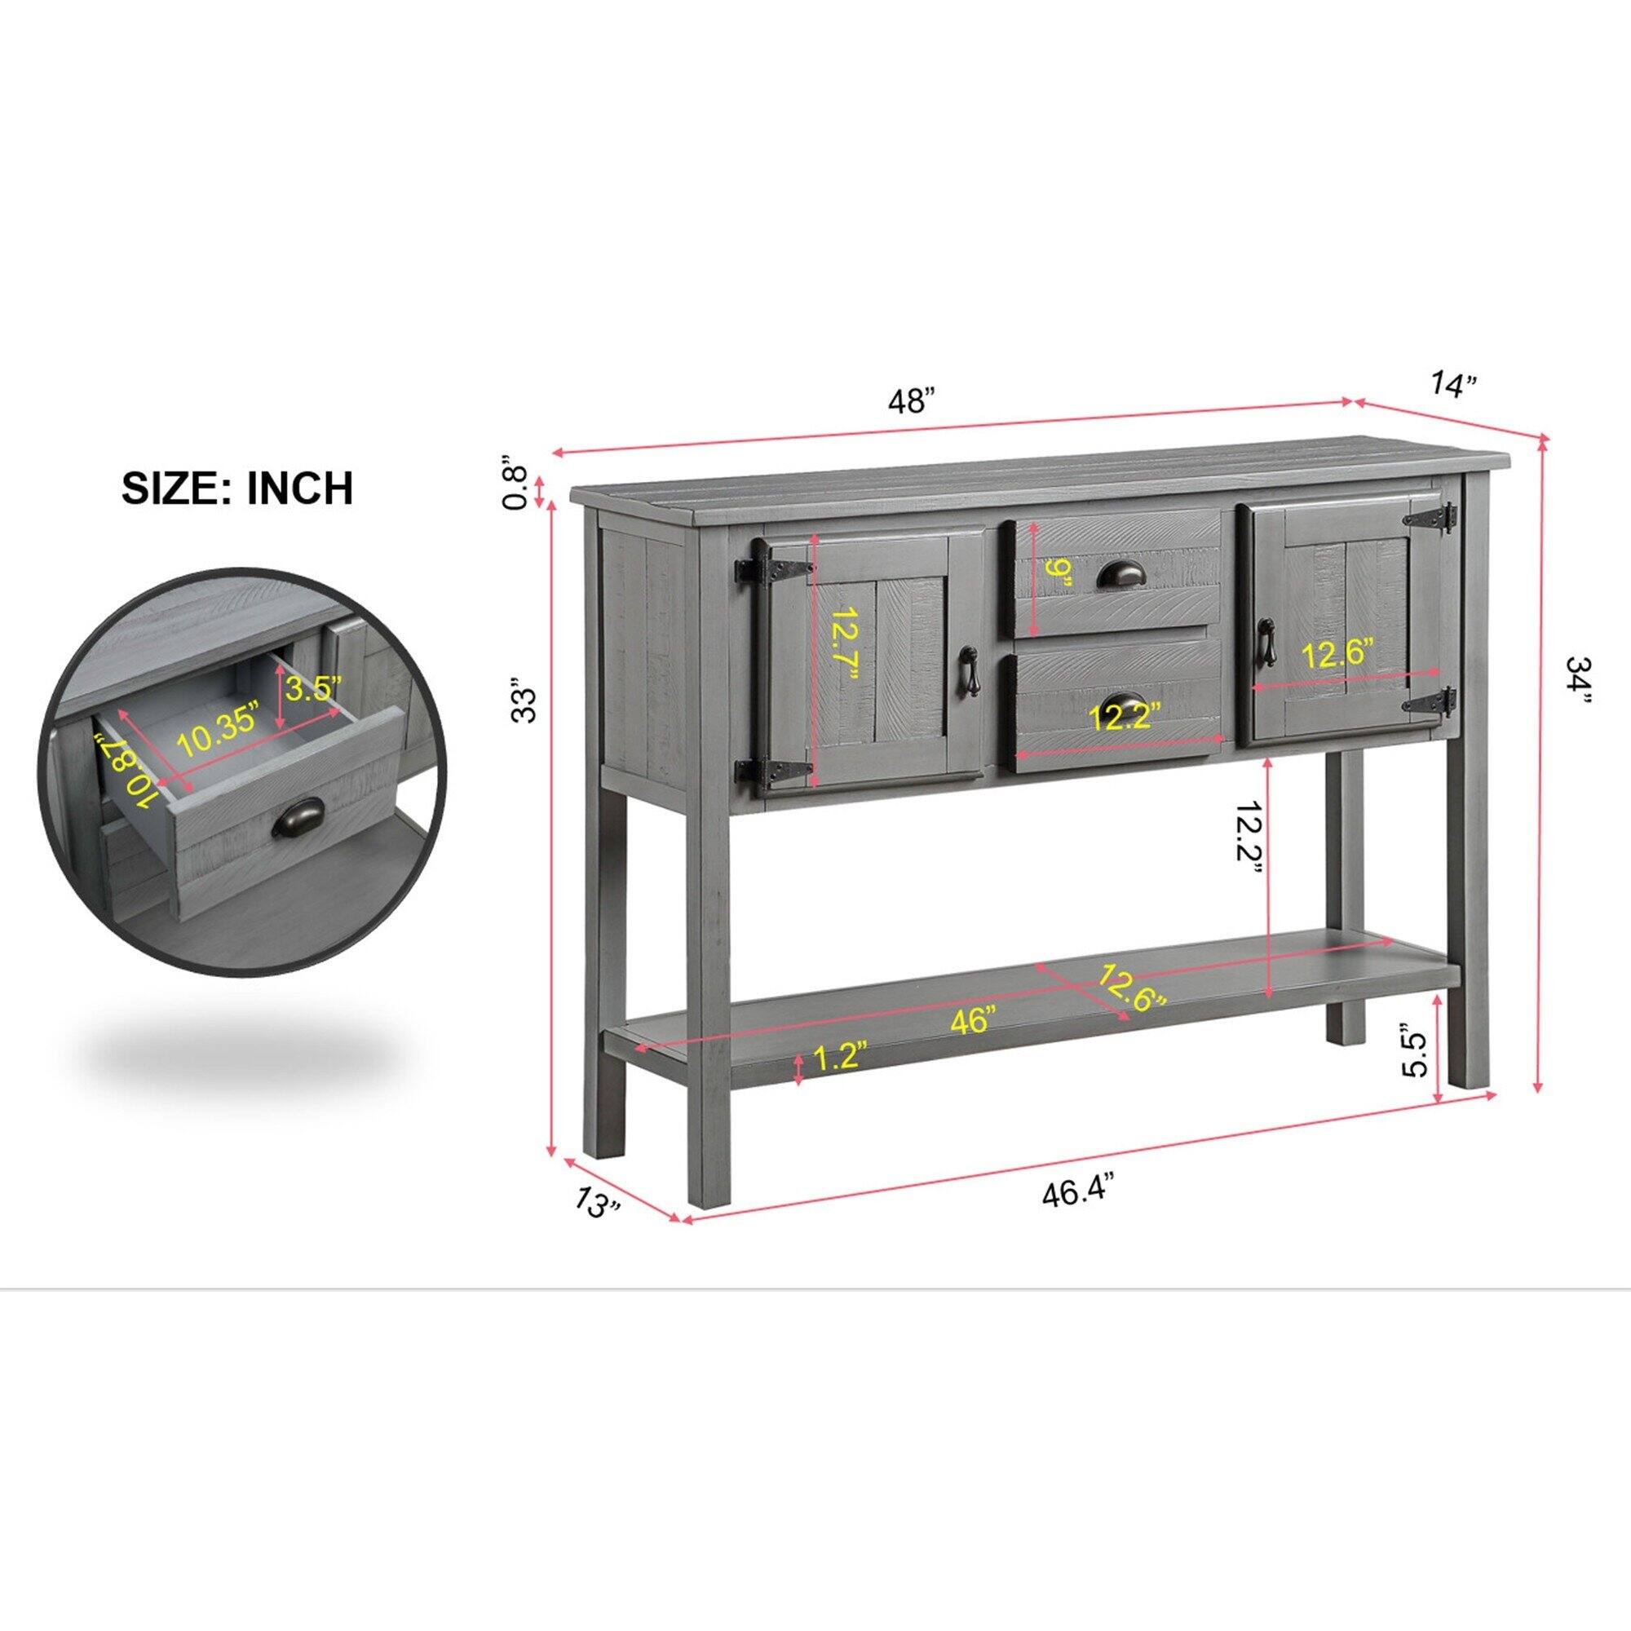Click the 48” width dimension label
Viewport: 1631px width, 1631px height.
coord(912,401)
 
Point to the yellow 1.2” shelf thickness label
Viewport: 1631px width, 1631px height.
coord(840,1056)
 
